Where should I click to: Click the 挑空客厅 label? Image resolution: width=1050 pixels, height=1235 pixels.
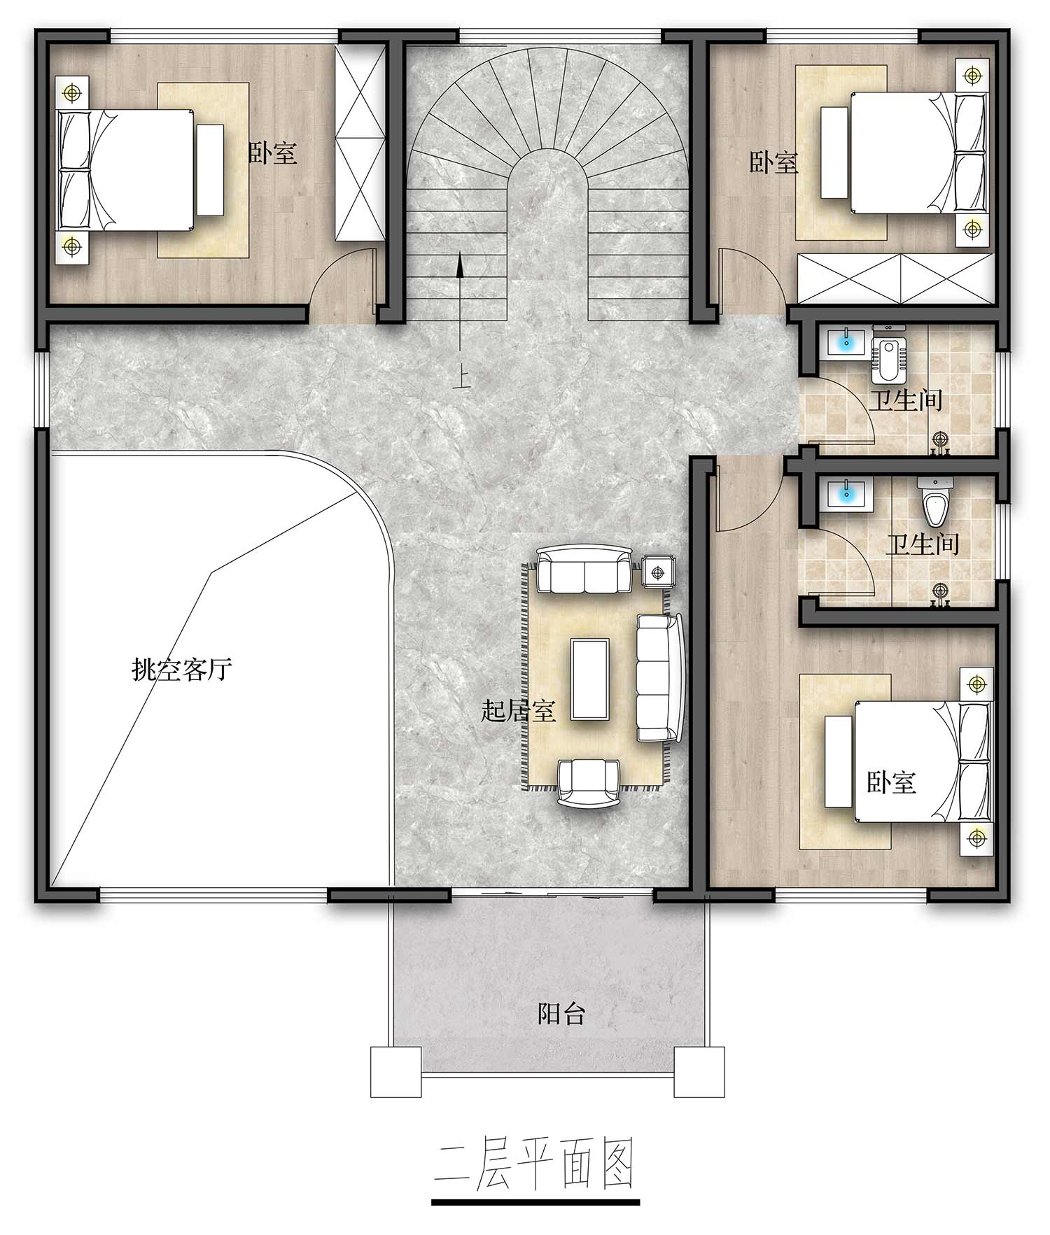[182, 670]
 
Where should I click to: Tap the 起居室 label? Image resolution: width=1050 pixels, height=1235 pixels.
[519, 711]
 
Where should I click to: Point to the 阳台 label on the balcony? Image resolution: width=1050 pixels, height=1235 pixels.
[561, 1014]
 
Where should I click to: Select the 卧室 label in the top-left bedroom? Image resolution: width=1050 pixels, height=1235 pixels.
[273, 153]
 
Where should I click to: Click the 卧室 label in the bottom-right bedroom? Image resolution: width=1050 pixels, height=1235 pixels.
[892, 782]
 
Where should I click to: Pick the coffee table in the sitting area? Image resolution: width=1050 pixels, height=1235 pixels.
[590, 678]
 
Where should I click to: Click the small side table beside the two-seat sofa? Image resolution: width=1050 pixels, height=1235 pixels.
[657, 573]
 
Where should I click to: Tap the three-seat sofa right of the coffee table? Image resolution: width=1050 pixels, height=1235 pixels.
[659, 677]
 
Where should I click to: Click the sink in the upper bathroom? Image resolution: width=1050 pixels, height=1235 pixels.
[846, 343]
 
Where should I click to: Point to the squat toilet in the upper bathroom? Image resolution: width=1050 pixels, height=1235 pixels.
[888, 354]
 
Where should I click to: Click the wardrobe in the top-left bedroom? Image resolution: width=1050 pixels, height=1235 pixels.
[360, 143]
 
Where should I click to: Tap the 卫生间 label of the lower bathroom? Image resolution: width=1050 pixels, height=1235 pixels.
[922, 544]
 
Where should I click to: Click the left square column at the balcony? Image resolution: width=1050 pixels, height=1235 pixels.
[396, 1071]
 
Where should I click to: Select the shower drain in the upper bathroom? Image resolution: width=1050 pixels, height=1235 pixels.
[941, 439]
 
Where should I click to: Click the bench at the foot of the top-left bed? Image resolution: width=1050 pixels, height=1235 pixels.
[210, 169]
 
